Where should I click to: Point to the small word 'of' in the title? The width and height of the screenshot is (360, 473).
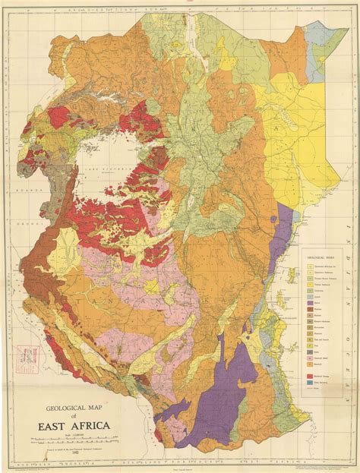[75, 417]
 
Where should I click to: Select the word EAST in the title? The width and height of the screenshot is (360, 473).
[53, 426]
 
